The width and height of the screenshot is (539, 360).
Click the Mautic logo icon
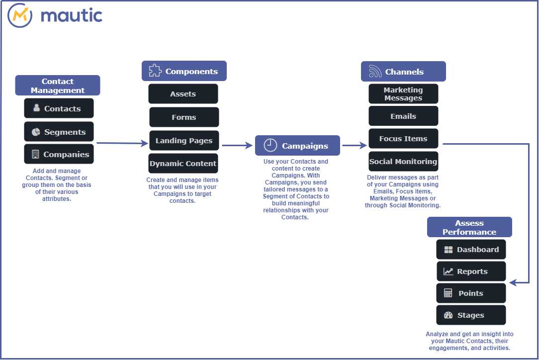point(20,15)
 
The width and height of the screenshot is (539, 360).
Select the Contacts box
point(59,108)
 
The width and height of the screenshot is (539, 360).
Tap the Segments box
point(59,132)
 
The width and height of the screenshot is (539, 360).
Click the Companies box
point(59,154)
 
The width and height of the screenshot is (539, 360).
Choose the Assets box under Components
point(183,94)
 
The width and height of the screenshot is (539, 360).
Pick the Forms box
point(184,117)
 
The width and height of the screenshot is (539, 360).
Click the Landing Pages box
point(184,141)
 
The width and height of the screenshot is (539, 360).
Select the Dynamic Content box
point(183,164)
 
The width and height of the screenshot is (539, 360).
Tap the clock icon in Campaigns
point(270,145)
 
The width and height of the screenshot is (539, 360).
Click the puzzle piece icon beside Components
point(155,71)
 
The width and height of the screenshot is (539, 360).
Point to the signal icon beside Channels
point(375,72)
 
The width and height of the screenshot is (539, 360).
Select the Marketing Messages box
point(403,94)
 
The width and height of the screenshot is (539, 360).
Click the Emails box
point(403,116)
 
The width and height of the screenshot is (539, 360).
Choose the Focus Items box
point(403,139)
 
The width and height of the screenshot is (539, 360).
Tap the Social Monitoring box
point(403,162)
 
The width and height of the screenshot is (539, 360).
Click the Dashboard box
point(471,250)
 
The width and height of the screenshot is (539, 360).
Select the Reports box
point(471,271)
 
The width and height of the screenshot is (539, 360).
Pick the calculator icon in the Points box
point(448,293)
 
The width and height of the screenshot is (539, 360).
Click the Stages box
point(471,315)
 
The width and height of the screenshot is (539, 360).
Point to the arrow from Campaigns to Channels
point(354,146)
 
